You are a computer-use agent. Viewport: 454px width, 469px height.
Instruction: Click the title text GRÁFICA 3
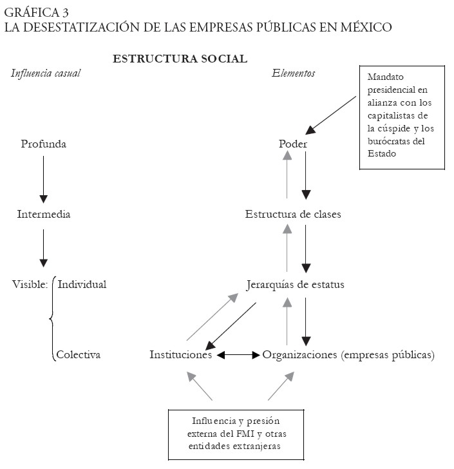point(38,12)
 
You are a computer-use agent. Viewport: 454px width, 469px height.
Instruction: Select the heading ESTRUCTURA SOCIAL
point(180,59)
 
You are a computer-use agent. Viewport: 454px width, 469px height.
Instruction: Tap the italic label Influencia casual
point(46,73)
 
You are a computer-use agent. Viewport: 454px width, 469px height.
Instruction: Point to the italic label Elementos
point(294,73)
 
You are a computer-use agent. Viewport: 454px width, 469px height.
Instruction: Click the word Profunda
point(43,144)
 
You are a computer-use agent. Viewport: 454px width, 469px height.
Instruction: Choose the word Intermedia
point(43,215)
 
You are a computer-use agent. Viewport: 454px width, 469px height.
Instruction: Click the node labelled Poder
point(293,144)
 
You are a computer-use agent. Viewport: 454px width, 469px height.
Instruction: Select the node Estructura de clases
point(293,215)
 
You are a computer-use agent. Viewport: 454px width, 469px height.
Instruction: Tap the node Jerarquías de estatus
point(295,284)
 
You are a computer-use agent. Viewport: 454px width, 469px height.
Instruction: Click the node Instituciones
point(181,355)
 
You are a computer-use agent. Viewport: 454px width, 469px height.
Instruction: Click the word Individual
point(82,284)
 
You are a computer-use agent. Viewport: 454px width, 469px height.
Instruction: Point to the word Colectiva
point(78,355)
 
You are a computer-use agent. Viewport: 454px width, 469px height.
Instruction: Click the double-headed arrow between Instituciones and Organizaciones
point(238,355)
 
